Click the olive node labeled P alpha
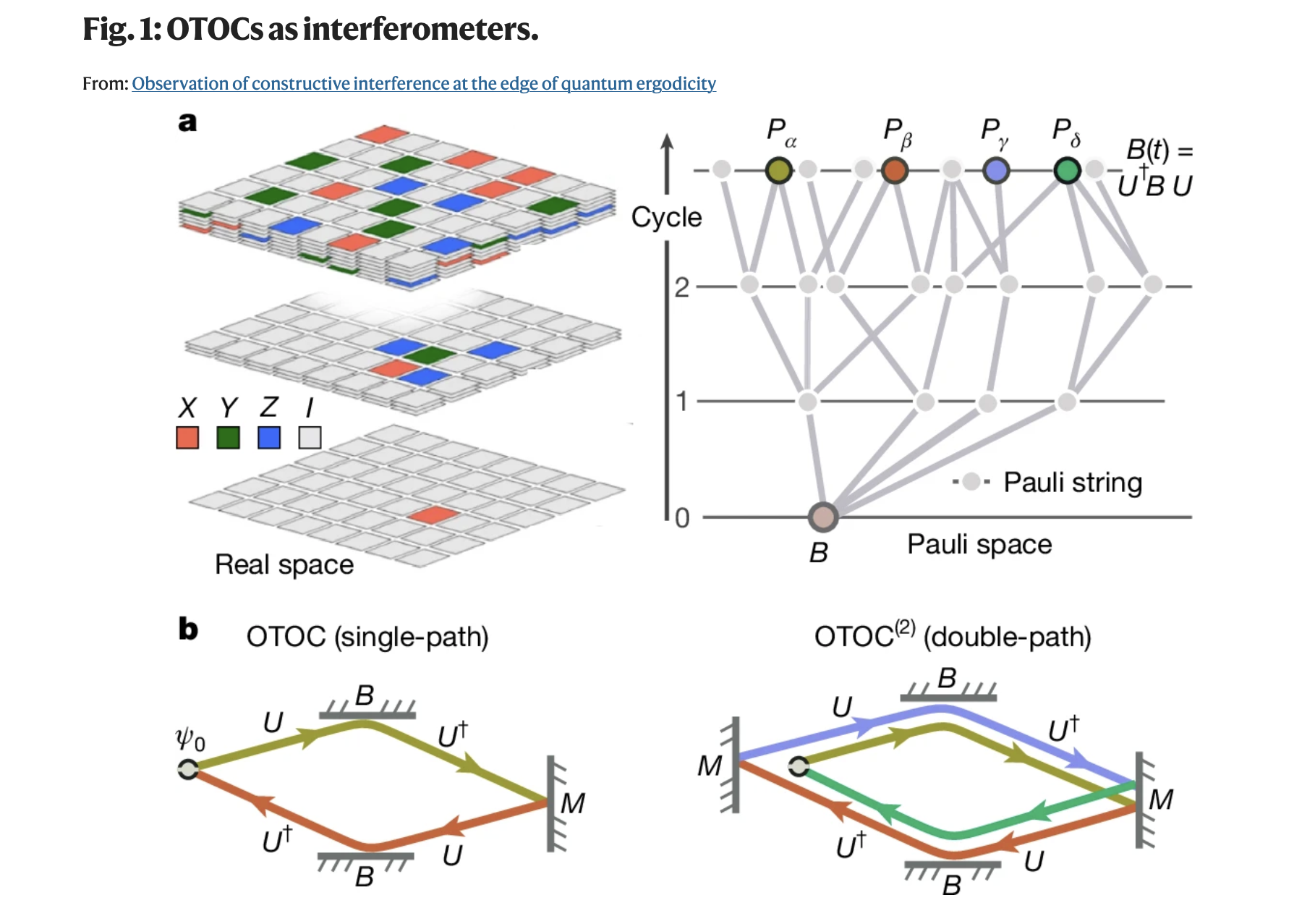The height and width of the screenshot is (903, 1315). tap(778, 170)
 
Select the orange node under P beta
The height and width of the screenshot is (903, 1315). tap(895, 170)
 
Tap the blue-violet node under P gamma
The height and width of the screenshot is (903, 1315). tap(996, 170)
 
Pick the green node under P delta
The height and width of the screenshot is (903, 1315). tap(1068, 170)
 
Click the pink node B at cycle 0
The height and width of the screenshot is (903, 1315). tap(822, 517)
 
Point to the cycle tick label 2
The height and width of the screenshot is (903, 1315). tap(682, 288)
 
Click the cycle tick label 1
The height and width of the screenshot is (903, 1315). tap(681, 401)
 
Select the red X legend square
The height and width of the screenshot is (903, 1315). tap(187, 438)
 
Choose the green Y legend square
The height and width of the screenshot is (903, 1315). tap(229, 438)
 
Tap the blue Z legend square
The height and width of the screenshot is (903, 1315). tap(269, 438)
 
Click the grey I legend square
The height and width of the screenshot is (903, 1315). tap(310, 438)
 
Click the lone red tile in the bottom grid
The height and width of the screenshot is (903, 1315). tap(433, 515)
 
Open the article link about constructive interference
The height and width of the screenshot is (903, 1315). tap(424, 84)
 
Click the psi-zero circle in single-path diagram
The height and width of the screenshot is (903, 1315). tap(188, 769)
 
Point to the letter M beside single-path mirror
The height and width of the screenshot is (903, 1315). tap(573, 803)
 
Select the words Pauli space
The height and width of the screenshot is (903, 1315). tap(979, 544)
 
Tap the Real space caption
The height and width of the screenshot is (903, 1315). tap(284, 564)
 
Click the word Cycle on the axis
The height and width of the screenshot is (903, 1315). tap(666, 217)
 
